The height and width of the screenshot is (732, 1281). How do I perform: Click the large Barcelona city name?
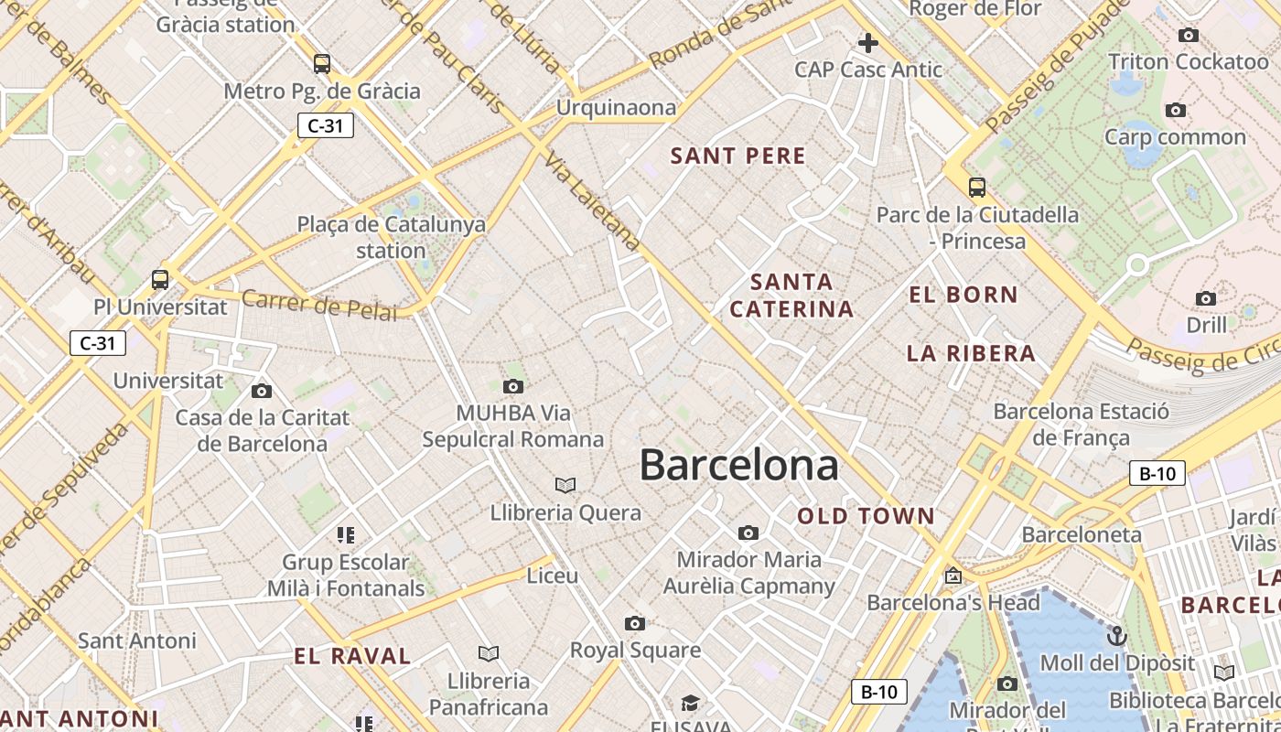[x=738, y=465]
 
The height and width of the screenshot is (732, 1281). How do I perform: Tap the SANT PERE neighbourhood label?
[x=738, y=156]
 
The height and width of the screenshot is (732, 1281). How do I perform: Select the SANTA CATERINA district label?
[x=791, y=296]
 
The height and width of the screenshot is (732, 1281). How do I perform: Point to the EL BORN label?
[x=963, y=295]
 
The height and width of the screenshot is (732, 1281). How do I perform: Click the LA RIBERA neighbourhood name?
[x=971, y=353]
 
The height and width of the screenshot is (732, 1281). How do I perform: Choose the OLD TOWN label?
[x=866, y=516]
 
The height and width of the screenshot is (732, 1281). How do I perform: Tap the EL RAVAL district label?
[x=352, y=655]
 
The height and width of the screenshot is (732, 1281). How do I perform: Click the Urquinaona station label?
[x=617, y=108]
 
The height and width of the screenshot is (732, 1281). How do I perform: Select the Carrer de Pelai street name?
[x=320, y=306]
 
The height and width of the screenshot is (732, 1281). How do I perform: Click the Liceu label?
[x=553, y=576]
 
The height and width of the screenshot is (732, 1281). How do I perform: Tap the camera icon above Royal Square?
[x=635, y=624]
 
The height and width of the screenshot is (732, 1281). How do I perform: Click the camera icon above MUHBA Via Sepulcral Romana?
[x=513, y=386]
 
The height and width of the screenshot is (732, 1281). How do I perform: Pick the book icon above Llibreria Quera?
[x=565, y=484]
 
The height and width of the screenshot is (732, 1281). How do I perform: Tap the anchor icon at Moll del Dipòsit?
[x=1116, y=636]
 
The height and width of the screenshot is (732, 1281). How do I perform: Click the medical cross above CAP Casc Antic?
[x=867, y=42]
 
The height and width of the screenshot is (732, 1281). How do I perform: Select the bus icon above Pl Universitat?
[x=160, y=279]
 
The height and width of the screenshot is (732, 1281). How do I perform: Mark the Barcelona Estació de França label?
[x=1081, y=425]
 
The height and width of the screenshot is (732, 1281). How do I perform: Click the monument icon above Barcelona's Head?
[x=953, y=576]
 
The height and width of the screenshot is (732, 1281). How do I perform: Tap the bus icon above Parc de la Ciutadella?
[x=977, y=188]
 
